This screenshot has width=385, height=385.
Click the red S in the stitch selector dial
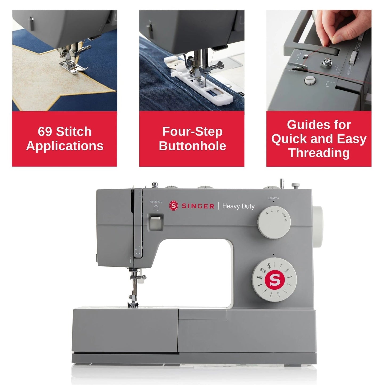click(274, 279)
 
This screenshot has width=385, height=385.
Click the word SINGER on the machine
click(198, 206)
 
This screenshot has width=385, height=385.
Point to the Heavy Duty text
click(238, 206)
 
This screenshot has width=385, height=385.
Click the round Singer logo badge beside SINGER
click(173, 206)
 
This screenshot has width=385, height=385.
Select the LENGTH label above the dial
click(273, 198)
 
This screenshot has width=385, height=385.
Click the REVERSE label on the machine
click(156, 202)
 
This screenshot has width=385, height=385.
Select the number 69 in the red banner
click(45, 132)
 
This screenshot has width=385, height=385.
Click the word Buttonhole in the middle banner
click(192, 146)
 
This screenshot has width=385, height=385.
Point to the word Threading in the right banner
click(319, 153)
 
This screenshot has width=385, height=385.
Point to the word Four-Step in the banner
click(192, 132)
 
